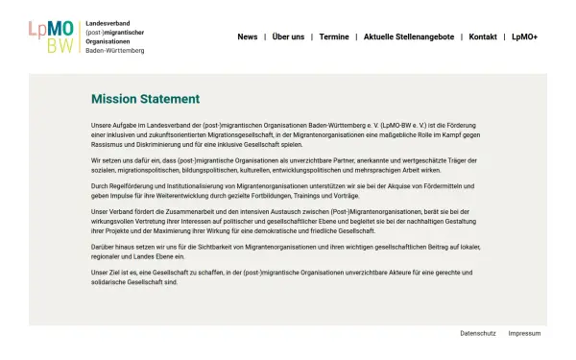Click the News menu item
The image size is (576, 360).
coord(248,36)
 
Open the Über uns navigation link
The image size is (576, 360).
coord(288,36)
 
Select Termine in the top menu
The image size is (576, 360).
coord(334,36)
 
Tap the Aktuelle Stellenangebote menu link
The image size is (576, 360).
coord(409,36)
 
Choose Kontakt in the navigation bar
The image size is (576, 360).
coord(483,36)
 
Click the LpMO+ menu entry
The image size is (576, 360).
coord(524,36)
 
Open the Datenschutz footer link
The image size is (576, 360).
coord(478,333)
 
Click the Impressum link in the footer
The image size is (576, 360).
coord(524,333)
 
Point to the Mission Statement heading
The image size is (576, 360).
coord(145,99)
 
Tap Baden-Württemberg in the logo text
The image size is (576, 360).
coord(115,50)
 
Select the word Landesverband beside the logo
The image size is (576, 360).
coord(108,21)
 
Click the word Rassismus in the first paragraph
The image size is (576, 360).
coord(108,143)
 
